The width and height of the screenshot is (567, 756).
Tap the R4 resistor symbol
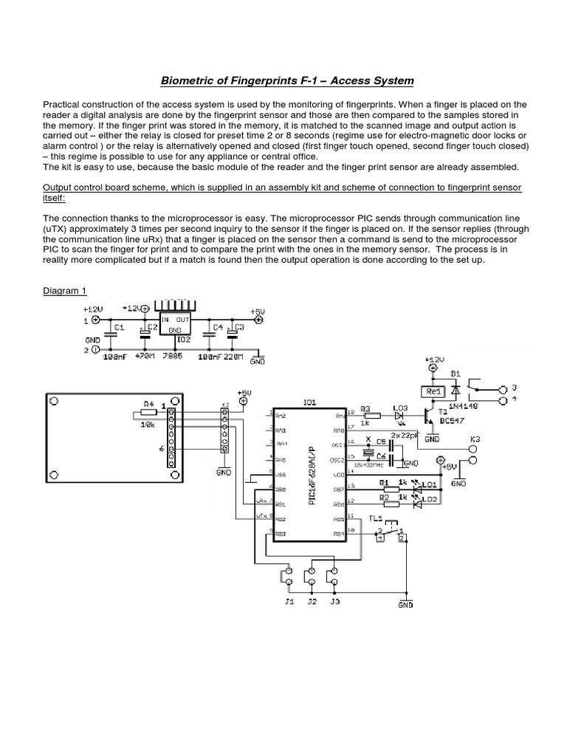pos(150,413)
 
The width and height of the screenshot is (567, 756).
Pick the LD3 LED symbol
pos(399,416)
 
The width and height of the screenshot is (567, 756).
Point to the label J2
pos(312,602)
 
